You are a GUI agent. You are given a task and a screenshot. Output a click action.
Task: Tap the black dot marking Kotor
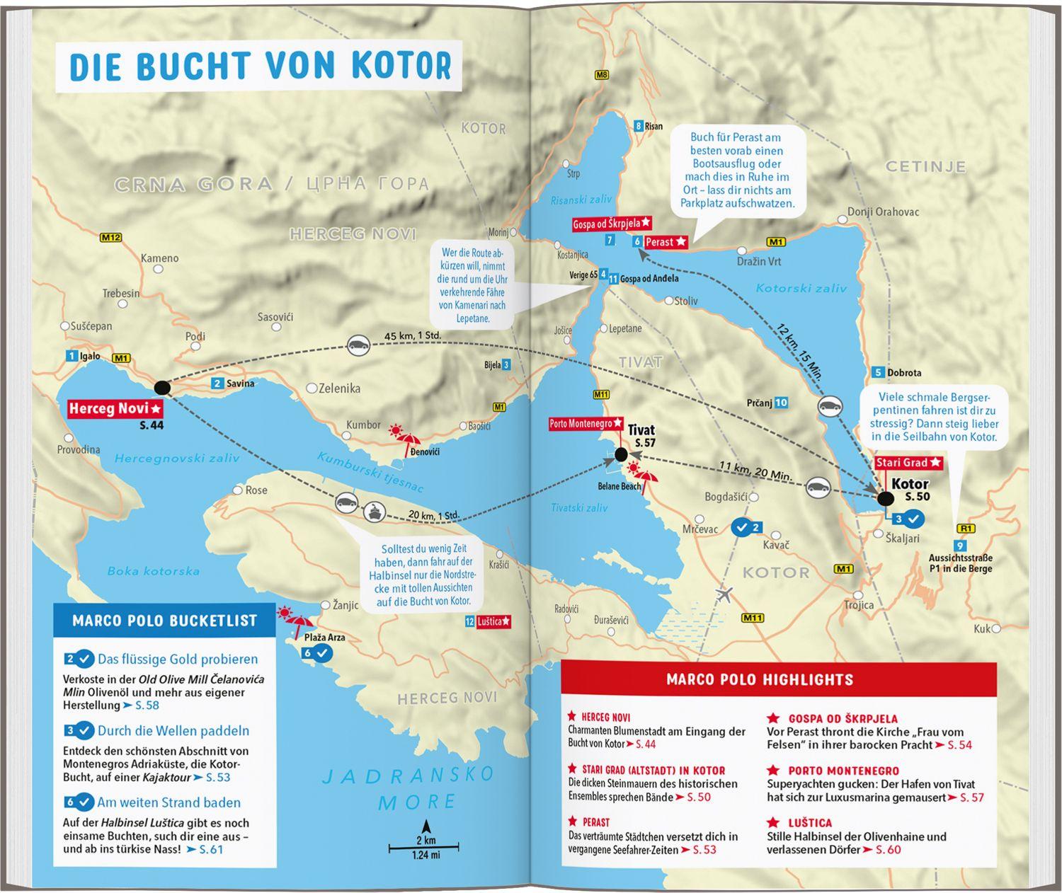click(885, 498)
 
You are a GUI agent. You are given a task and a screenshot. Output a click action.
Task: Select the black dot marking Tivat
click(621, 454)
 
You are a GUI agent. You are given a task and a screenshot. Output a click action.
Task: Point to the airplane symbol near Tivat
click(724, 594)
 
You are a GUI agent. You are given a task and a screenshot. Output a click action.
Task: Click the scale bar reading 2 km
click(426, 846)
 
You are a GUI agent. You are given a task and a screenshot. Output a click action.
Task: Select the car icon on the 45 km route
click(359, 345)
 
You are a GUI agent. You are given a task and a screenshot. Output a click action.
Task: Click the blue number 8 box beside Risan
click(639, 126)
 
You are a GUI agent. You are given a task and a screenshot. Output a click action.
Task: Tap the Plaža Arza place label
click(324, 637)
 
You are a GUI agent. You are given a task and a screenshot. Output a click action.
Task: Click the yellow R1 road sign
click(965, 528)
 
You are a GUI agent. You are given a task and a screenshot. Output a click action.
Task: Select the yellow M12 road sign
click(111, 238)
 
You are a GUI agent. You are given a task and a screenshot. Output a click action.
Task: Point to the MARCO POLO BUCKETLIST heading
click(164, 621)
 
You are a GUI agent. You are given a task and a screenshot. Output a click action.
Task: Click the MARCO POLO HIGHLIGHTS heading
click(760, 679)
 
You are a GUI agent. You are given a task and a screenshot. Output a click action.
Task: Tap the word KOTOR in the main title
click(399, 65)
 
